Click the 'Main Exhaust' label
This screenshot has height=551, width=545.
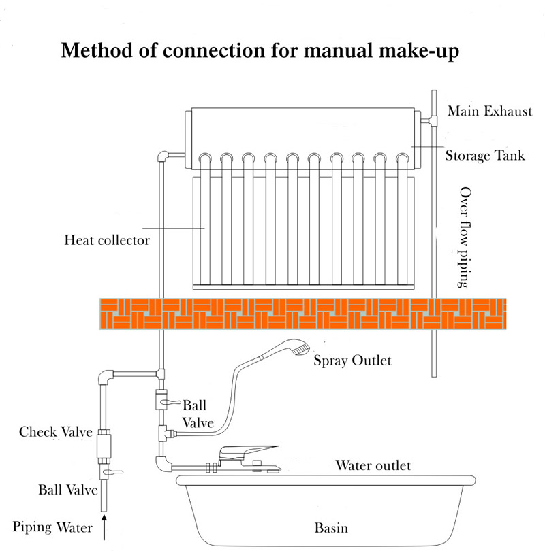click(x=488, y=112)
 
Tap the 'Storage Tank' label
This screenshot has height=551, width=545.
click(x=485, y=156)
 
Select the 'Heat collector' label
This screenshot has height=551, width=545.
click(x=106, y=239)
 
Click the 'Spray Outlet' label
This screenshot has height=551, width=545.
click(x=352, y=360)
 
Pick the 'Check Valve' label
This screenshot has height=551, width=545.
click(x=51, y=432)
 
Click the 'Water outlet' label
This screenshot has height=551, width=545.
click(x=373, y=466)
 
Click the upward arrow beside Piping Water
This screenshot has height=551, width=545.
click(x=105, y=527)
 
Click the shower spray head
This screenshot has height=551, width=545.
click(x=290, y=354)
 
